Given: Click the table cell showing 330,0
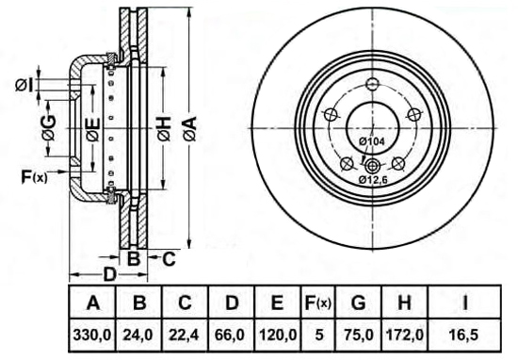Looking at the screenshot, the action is point(92,335).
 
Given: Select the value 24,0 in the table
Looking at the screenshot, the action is point(138,335).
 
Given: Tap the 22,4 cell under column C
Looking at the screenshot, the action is point(184,335).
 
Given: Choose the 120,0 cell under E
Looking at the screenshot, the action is point(278,335).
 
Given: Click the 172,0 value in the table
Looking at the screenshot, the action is point(405,335).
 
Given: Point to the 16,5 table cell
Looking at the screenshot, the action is point(463,335).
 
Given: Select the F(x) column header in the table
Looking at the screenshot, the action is point(317,303).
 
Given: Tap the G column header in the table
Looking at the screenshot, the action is point(359,303).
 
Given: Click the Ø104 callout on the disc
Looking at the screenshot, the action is point(372,141).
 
